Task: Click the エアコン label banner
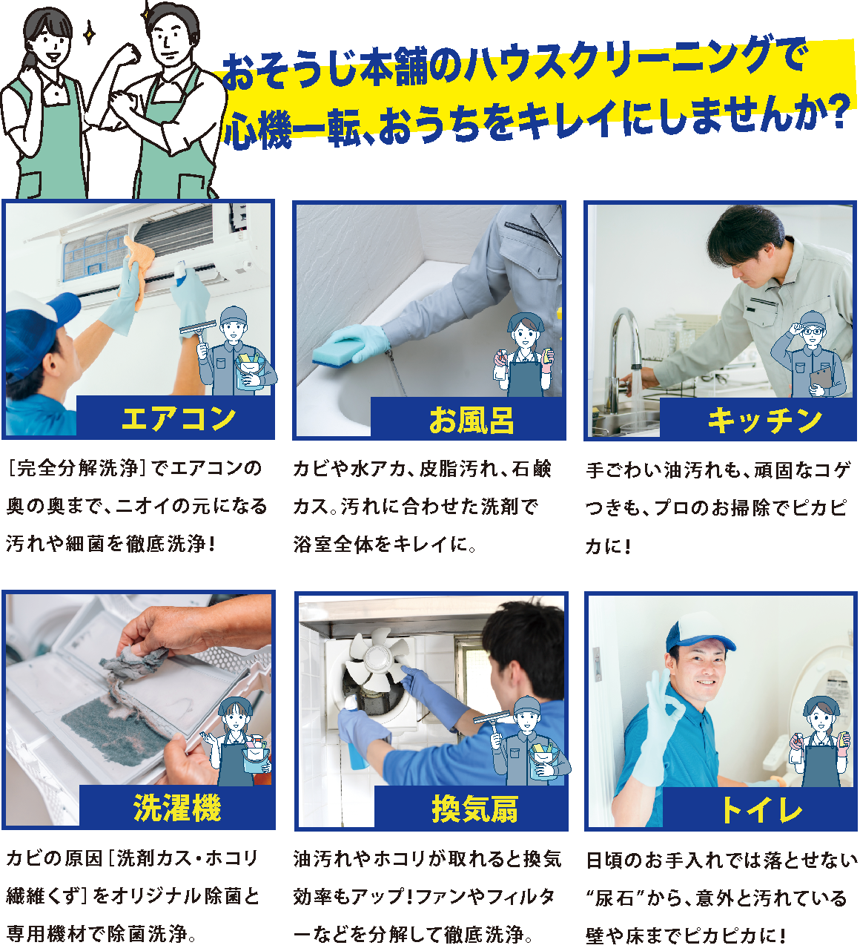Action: [176, 418]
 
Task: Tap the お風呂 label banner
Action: [469, 420]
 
